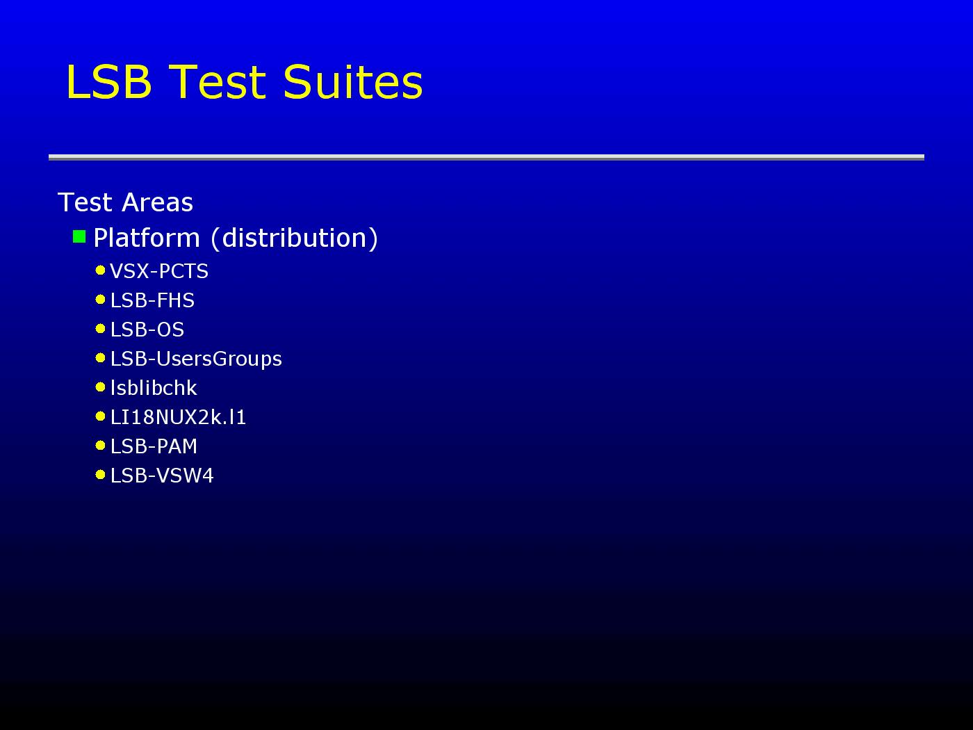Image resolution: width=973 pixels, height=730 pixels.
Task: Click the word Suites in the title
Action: click(x=353, y=81)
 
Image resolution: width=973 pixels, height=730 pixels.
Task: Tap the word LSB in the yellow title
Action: click(x=109, y=81)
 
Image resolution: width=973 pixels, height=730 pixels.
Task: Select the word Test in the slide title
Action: click(x=218, y=81)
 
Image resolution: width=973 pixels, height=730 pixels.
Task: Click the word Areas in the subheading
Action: click(x=157, y=202)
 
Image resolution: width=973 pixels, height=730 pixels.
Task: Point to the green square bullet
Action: click(x=79, y=236)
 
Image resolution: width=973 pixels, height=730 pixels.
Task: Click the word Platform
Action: click(x=147, y=238)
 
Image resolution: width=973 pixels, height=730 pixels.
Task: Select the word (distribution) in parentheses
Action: click(x=295, y=238)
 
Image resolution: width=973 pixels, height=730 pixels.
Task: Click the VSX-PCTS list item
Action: click(x=159, y=271)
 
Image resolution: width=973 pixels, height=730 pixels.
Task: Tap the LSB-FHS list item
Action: click(x=152, y=300)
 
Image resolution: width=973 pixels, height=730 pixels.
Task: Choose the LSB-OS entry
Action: click(x=147, y=330)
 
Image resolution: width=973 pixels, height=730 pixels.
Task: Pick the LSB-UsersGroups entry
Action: click(x=196, y=359)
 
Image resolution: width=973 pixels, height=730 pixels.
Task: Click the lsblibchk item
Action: click(x=154, y=388)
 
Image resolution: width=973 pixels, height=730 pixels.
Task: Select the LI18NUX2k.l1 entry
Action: click(x=178, y=417)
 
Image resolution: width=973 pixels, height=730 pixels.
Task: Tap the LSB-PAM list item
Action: click(x=154, y=446)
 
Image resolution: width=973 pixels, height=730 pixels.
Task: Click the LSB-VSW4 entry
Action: click(x=162, y=476)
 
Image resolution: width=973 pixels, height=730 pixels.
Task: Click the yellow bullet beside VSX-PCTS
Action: click(x=101, y=270)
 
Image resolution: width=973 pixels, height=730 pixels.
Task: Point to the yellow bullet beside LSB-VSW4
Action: click(x=101, y=475)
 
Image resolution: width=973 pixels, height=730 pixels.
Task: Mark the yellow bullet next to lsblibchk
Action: click(x=101, y=387)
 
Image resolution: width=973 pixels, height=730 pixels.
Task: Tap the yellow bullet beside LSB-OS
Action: click(x=101, y=329)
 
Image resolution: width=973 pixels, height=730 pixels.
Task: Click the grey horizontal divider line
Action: click(x=486, y=157)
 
